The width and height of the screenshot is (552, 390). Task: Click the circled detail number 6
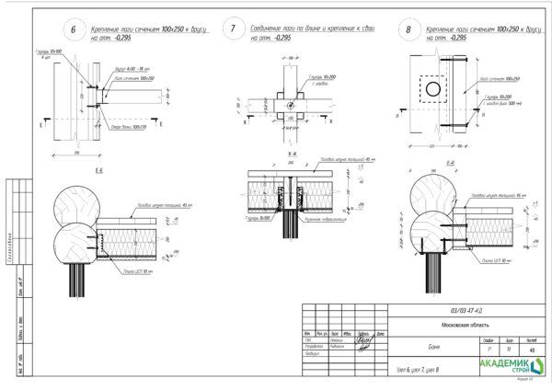pyautogui.click(x=74, y=30)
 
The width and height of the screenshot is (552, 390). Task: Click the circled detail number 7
pyautogui.click(x=233, y=30)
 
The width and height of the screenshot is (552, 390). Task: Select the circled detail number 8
pyautogui.click(x=408, y=30)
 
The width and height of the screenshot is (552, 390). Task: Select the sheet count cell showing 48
pyautogui.click(x=534, y=350)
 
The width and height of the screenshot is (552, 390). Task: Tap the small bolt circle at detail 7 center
pyautogui.click(x=291, y=104)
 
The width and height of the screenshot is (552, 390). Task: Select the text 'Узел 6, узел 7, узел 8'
pyautogui.click(x=420, y=370)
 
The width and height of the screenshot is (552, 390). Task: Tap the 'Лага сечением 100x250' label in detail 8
pyautogui.click(x=495, y=79)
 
